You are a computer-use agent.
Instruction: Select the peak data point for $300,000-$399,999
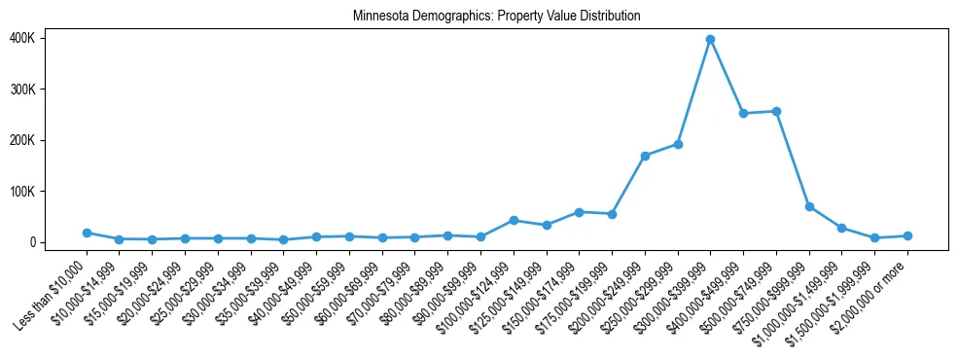(710, 40)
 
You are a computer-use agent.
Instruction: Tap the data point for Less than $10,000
(87, 233)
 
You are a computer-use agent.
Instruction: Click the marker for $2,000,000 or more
(907, 235)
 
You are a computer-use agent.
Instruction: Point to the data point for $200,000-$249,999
(645, 156)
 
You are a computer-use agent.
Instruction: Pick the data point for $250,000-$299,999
(678, 144)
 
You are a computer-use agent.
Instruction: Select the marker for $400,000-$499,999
(743, 113)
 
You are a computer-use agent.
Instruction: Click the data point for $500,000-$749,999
(776, 111)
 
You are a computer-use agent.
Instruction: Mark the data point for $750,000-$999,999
(809, 206)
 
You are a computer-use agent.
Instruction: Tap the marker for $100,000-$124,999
(514, 220)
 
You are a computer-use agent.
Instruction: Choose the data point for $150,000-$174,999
(579, 212)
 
